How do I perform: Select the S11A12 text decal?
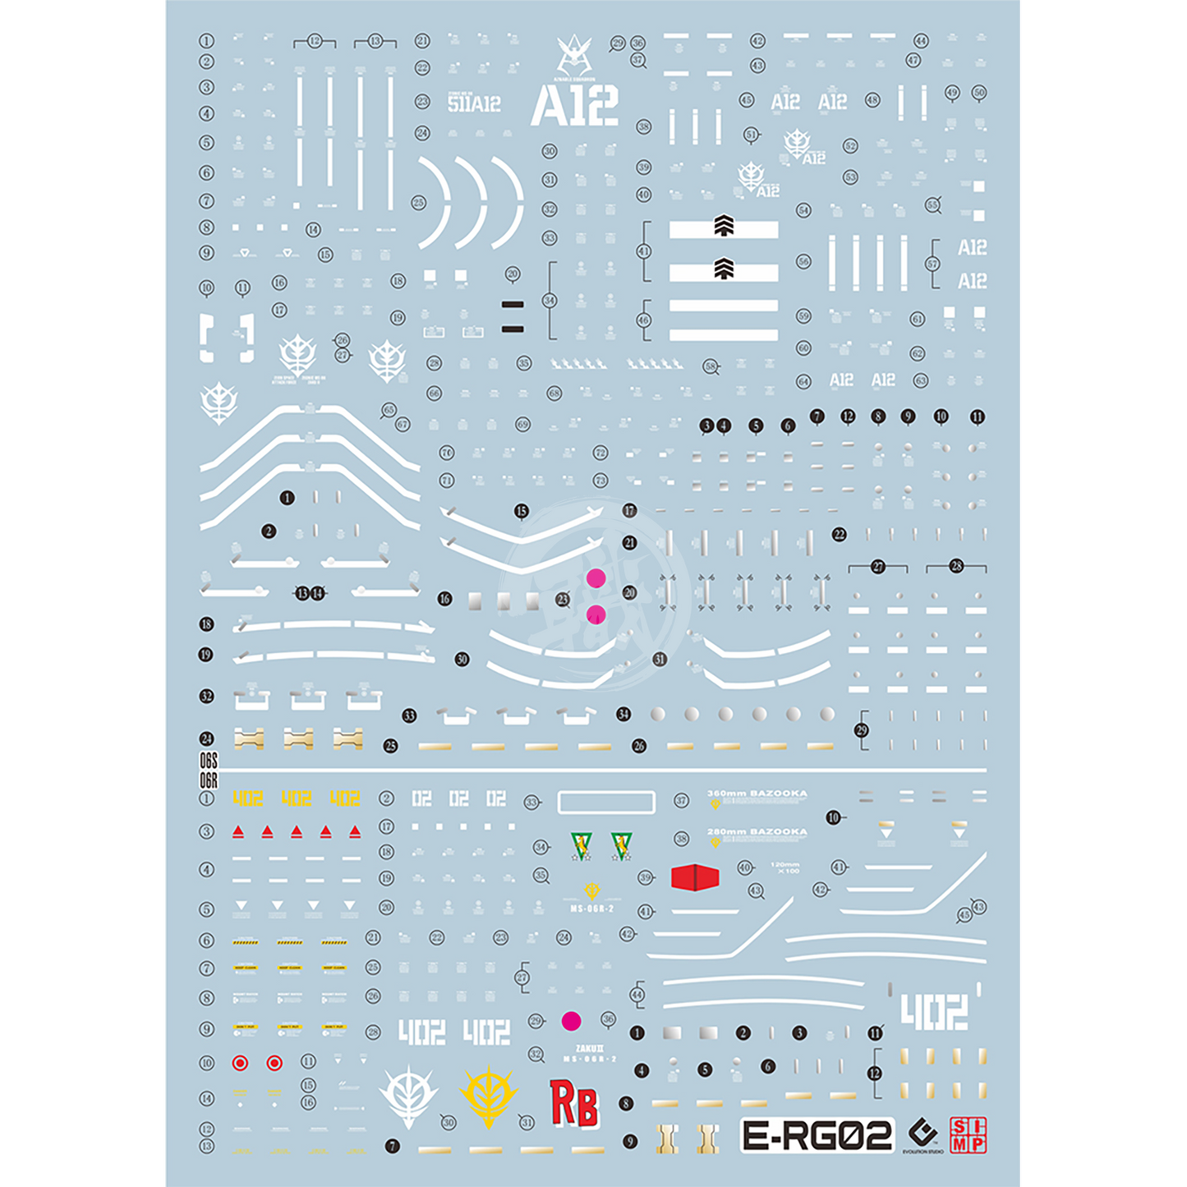tap(474, 104)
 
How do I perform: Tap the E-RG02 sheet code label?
tap(817, 1135)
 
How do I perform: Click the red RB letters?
tap(574, 1104)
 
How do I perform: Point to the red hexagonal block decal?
tap(694, 877)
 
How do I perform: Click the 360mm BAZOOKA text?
tap(757, 794)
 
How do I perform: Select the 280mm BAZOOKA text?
tap(757, 832)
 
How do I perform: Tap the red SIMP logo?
tap(968, 1135)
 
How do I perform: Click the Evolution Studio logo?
tap(924, 1136)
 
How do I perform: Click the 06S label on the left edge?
tap(209, 761)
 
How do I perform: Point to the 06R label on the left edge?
tap(209, 780)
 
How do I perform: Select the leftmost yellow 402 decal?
tap(247, 798)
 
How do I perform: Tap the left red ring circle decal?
tap(240, 1063)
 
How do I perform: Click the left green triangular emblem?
tap(581, 844)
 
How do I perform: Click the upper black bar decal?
tap(513, 305)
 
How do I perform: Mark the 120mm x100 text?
tap(785, 867)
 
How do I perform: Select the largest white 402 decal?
tap(934, 1012)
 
